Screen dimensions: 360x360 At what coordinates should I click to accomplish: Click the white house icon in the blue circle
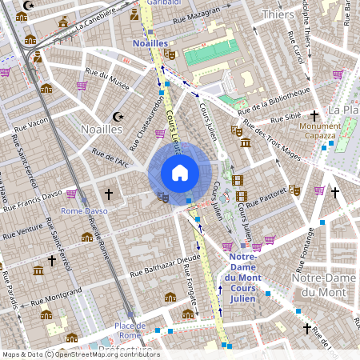pyautogui.click(x=179, y=172)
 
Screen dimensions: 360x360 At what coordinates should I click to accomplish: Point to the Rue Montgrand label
pyautogui.click(x=56, y=298)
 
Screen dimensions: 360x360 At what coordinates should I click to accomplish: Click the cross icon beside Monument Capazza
pyautogui.click(x=315, y=115)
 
